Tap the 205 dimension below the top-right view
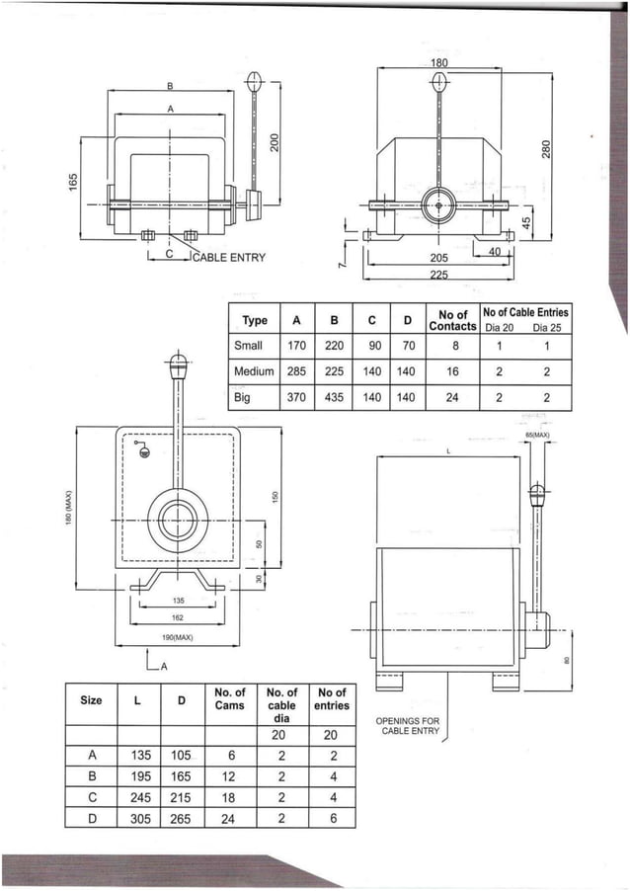click(438, 258)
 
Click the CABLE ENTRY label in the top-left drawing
click(228, 258)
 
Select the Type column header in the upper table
click(255, 321)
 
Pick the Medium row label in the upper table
click(254, 372)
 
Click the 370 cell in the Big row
click(296, 398)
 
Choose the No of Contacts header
click(452, 320)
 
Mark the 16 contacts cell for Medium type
click(452, 372)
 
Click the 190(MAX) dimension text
click(178, 638)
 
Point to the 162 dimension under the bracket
click(178, 617)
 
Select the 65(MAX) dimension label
click(537, 435)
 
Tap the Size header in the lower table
click(91, 700)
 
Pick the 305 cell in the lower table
click(140, 818)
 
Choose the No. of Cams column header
click(229, 698)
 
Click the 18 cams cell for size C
click(229, 797)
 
